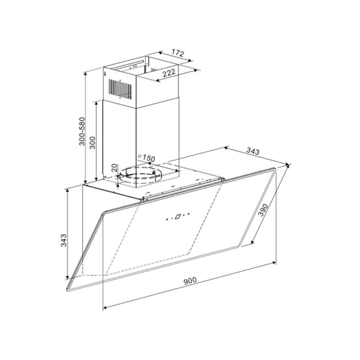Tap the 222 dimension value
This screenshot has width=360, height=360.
coord(166,74)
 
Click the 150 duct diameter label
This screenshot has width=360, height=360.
coord(149,158)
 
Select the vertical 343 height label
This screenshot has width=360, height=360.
coord(64,240)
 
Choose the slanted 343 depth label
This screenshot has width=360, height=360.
coord(253,151)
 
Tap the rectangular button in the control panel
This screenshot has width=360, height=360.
coord(176,217)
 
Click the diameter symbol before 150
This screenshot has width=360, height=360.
coord(140,155)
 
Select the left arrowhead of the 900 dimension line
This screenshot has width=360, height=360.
coord(104,308)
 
